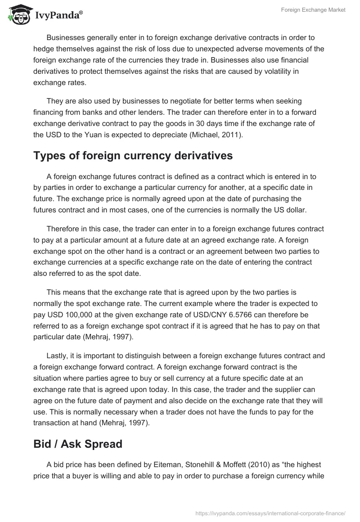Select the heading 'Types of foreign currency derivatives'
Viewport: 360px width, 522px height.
[133, 155]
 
